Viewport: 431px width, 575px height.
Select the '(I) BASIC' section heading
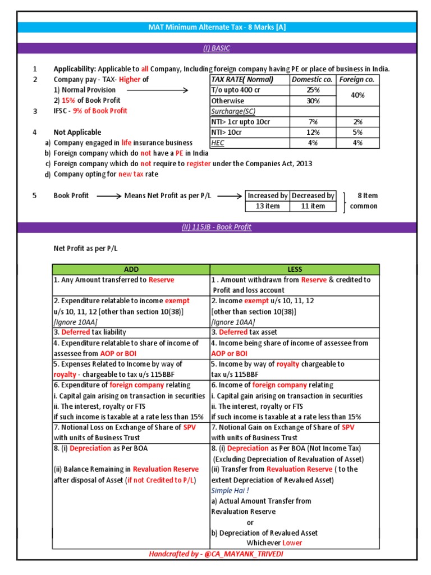[x=216, y=48]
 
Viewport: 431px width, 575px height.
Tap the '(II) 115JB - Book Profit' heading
[x=216, y=227]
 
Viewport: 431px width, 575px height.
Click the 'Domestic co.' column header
[x=313, y=80]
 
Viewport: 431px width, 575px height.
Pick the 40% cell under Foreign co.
[x=357, y=95]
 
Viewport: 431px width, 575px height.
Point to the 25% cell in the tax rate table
[x=313, y=90]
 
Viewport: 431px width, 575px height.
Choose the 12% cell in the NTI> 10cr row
[x=313, y=132]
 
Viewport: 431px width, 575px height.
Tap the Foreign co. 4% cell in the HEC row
[x=357, y=143]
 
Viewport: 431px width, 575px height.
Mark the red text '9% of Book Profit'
[x=99, y=111]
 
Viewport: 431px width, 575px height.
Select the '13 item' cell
[x=268, y=206]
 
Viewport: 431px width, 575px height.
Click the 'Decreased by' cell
[x=313, y=195]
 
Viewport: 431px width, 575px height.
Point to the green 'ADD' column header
[x=131, y=270]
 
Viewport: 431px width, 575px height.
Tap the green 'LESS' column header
[x=295, y=270]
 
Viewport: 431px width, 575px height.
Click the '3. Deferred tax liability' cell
[x=90, y=332]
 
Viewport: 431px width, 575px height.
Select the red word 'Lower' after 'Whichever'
[x=292, y=543]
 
